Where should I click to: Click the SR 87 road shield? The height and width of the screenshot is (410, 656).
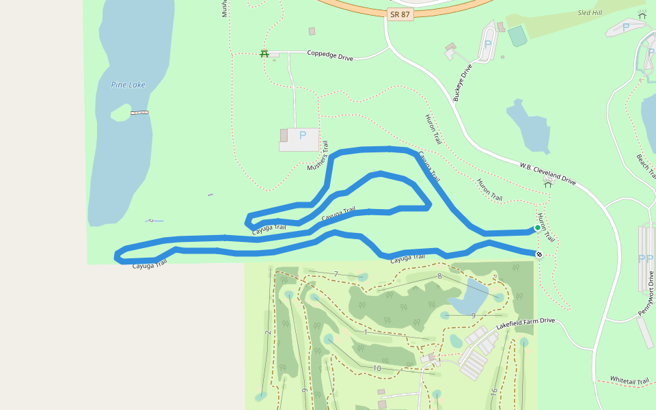400,15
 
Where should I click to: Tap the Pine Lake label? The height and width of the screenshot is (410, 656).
128,85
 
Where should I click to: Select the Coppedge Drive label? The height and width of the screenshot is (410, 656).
329,55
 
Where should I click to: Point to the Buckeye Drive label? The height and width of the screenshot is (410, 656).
463,83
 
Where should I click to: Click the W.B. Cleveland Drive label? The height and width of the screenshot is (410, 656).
547,174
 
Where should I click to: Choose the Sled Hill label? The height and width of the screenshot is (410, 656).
590,12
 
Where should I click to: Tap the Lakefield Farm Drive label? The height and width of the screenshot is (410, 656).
525,323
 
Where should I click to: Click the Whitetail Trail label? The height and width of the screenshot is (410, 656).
629,379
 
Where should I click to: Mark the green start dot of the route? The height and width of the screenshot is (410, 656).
537,228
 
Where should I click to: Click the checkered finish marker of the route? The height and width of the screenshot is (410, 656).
539,255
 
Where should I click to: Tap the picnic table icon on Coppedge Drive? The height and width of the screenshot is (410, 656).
264,53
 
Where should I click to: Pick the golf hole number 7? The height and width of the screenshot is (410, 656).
336,275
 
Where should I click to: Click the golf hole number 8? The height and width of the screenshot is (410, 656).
440,276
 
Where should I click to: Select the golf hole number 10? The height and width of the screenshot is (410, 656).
377,368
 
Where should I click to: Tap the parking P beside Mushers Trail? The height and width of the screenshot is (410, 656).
302,135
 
